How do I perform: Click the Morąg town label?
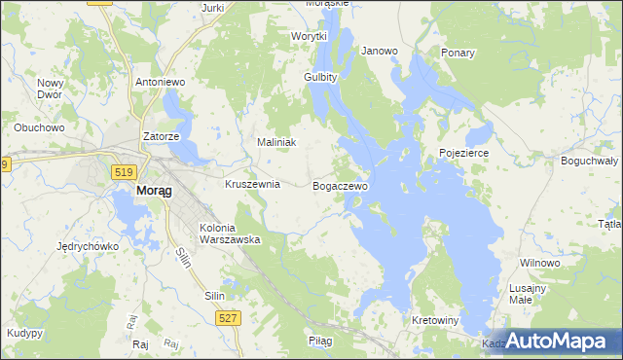coord(154,191)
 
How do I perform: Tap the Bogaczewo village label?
coord(341,185)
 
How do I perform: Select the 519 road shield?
coord(123,172)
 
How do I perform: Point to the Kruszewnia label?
coord(252,183)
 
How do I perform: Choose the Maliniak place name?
coord(275,142)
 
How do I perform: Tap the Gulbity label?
coord(320,77)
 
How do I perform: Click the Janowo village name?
coord(380,51)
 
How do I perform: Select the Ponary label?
coord(458,53)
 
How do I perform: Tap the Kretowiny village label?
coord(435,320)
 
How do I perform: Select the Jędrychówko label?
coord(88,246)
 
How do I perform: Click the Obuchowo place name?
coord(39,127)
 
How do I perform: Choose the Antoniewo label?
coord(161,83)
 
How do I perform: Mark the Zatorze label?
coord(161,137)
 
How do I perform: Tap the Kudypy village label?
coord(24,333)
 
